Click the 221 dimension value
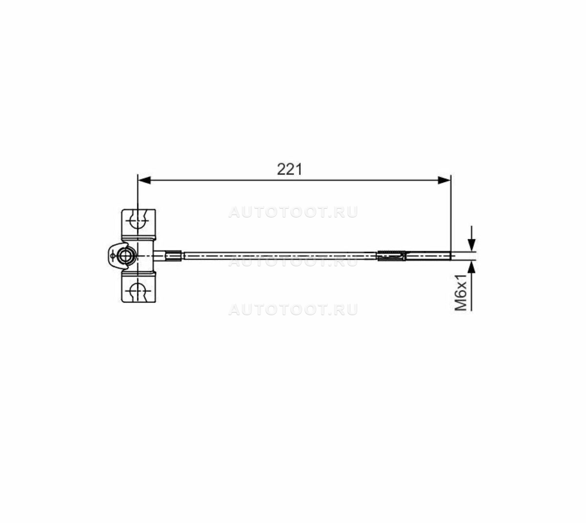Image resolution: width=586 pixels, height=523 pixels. [x=289, y=169]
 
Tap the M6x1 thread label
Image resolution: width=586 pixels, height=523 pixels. [x=461, y=293]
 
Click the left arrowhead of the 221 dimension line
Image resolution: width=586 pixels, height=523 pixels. [x=144, y=180]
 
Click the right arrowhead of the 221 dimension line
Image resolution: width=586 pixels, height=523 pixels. [x=444, y=180]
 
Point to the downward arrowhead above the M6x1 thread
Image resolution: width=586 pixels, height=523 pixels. [x=471, y=245]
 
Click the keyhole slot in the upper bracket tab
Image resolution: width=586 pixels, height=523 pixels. [x=139, y=222]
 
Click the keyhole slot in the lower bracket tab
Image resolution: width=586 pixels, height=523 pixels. [x=139, y=291]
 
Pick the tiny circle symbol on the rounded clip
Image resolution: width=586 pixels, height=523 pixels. [x=112, y=256]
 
